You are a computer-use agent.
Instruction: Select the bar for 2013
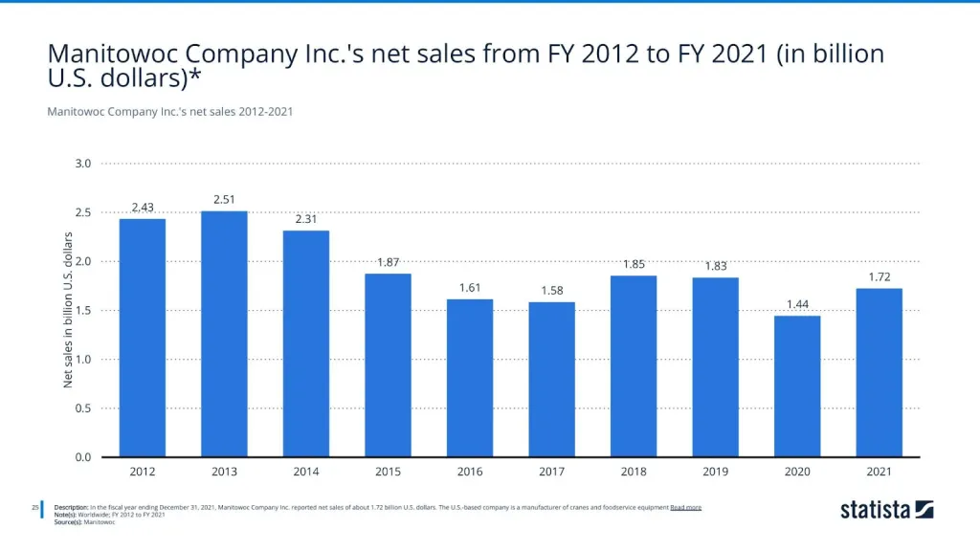[224, 334]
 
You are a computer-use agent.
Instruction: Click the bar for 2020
[797, 386]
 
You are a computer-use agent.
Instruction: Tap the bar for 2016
[470, 378]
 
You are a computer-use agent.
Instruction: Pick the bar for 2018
[634, 366]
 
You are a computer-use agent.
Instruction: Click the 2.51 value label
[224, 199]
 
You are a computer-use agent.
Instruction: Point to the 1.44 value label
[797, 304]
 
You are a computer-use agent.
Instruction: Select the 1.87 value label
[388, 262]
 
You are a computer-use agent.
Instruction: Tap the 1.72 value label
[879, 276]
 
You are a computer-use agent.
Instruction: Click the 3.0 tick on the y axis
[82, 164]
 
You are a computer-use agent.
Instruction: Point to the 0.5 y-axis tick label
[82, 408]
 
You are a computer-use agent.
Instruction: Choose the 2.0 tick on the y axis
[82, 261]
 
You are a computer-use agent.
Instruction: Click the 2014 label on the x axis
[306, 472]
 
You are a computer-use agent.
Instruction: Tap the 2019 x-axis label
[715, 472]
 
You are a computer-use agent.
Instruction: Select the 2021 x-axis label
[879, 472]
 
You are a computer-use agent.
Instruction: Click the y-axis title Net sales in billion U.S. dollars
[68, 310]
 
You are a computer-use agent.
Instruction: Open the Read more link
[685, 507]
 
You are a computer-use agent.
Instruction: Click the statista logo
[886, 510]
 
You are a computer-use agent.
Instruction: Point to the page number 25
[34, 507]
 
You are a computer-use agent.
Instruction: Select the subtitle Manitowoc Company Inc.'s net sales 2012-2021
[169, 112]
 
